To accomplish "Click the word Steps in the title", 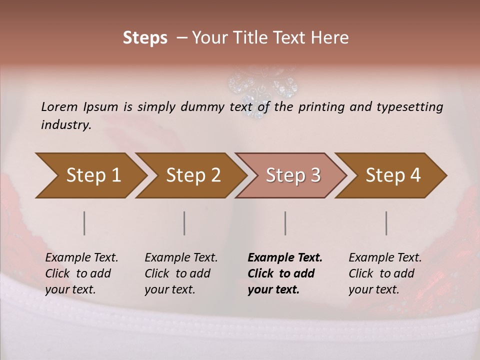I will tap(145, 38).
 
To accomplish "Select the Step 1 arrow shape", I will tap(93, 175).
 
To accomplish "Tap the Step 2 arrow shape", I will tap(193, 175).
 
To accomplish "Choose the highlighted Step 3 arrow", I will tap(293, 175).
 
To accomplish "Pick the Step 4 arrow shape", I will tap(393, 175).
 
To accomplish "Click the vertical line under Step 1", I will tap(84, 223).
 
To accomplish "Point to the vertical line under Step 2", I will tap(184, 223).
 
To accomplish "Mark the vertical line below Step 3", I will tap(285, 223).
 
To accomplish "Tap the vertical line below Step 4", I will tap(386, 223).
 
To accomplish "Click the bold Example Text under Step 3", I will tap(285, 258).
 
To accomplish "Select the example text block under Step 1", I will tap(81, 273).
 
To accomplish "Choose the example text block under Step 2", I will tap(181, 273).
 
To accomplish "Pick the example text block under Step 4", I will tap(385, 273).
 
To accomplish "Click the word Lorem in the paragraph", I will tap(59, 107).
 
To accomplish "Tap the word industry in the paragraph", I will tap(66, 125).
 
